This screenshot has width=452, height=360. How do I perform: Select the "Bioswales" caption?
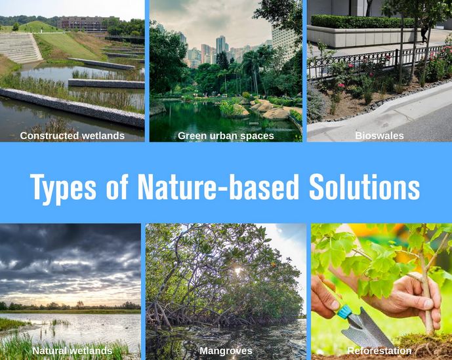tap(379, 136)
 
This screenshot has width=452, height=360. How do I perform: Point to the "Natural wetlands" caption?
tap(72, 351)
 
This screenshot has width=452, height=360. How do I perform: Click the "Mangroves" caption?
tap(226, 351)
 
